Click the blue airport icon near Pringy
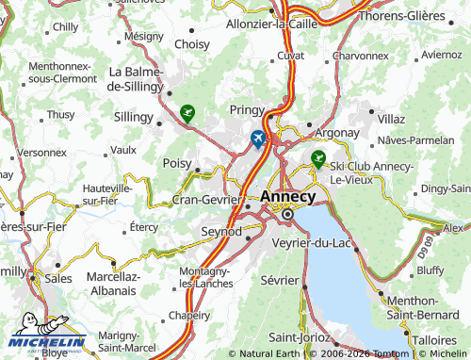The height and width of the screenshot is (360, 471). [x=258, y=139]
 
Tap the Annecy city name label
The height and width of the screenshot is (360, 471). [x=288, y=196]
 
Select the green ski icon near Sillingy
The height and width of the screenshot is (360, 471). [x=187, y=115]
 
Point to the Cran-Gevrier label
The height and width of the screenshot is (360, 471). [x=207, y=200]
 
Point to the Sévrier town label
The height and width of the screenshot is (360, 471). [x=280, y=281]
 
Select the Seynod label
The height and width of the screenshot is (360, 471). [x=221, y=231]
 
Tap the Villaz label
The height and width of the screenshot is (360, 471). [x=390, y=120]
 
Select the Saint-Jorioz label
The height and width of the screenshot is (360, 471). [x=299, y=337]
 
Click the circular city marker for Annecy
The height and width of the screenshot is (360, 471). [x=288, y=215]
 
